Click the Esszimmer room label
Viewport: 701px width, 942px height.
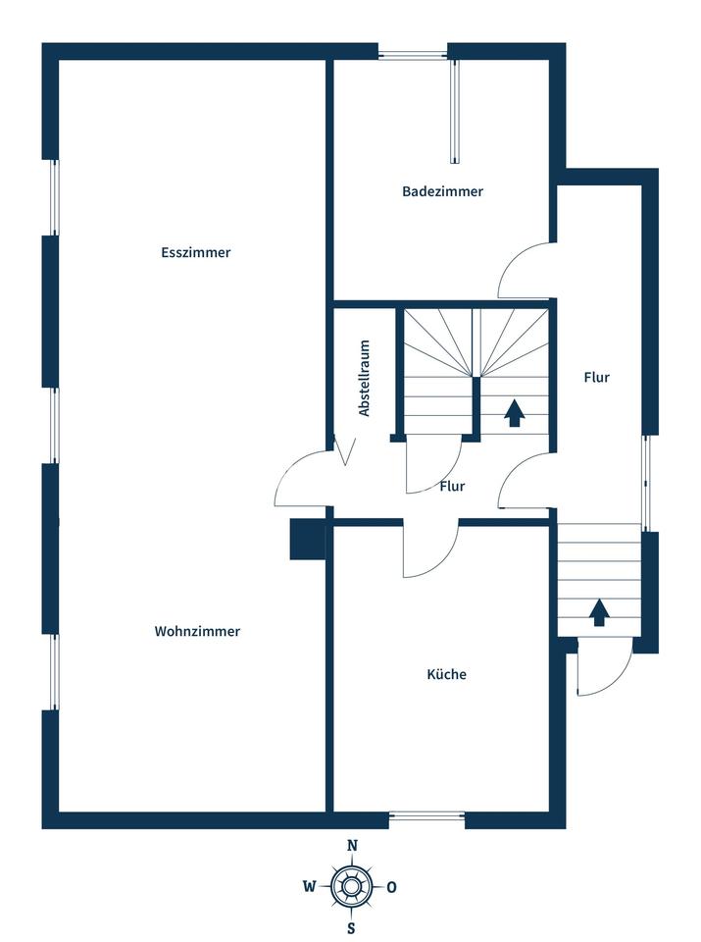[x=196, y=252]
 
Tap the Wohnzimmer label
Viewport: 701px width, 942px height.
[x=197, y=631]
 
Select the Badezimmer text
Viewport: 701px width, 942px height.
[x=443, y=191]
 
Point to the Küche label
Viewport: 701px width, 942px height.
[x=446, y=674]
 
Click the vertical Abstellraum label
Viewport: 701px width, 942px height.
[x=365, y=379]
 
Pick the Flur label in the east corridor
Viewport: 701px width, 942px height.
[x=596, y=377]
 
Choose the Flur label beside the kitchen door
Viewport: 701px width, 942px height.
[x=452, y=486]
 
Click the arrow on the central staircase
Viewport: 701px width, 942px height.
[x=514, y=413]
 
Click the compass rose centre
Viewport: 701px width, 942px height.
[x=352, y=886]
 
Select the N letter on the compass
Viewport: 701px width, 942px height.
[x=353, y=846]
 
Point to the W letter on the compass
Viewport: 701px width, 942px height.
[x=309, y=886]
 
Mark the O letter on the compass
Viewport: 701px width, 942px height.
[x=392, y=887]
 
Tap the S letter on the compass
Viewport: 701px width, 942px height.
[x=352, y=928]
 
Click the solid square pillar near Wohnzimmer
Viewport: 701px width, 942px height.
[x=308, y=540]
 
